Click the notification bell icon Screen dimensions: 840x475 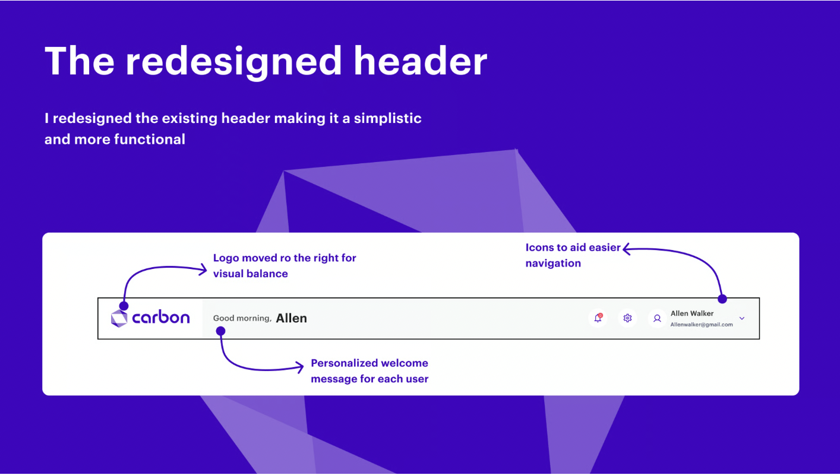click(598, 318)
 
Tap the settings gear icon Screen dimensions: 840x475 click(627, 318)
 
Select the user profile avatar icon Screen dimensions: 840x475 click(657, 318)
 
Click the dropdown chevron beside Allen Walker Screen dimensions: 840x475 click(742, 318)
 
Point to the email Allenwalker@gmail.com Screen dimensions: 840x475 click(701, 325)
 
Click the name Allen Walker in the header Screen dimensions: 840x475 click(692, 313)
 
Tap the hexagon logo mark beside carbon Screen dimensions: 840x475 click(119, 318)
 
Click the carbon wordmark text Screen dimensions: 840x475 click(161, 318)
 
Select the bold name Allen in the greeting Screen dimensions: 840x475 click(291, 318)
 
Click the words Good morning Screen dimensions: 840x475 click(242, 318)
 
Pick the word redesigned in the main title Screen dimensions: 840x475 click(233, 62)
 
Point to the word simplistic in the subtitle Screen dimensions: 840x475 click(388, 118)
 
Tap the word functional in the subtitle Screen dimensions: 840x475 click(149, 139)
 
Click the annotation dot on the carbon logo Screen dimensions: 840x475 click(124, 306)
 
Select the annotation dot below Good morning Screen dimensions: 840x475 click(220, 331)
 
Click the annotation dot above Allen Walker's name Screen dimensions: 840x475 click(722, 299)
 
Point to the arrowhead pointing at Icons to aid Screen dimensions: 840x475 click(626, 249)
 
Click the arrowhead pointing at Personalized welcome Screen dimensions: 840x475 click(300, 367)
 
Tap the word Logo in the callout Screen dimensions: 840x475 click(226, 258)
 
